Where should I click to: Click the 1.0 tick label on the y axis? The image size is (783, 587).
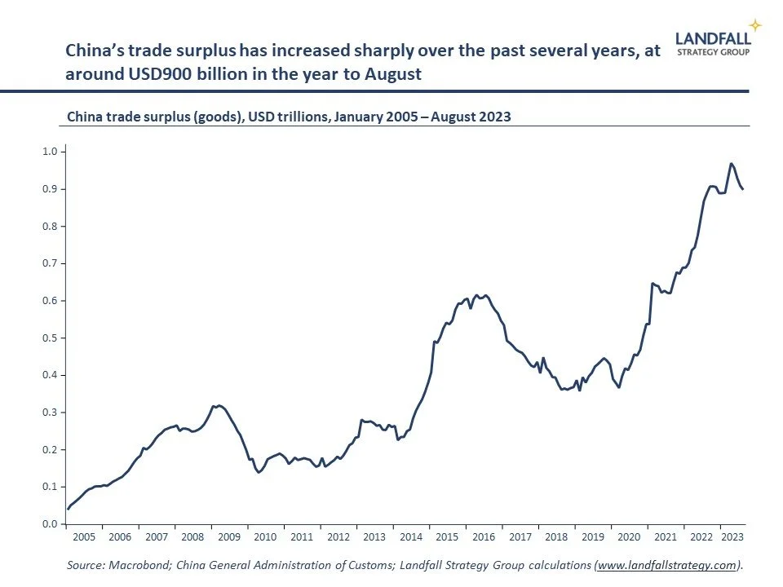click(x=49, y=152)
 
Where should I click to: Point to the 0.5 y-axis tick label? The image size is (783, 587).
click(x=49, y=338)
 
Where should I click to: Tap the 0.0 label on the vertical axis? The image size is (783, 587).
click(x=49, y=524)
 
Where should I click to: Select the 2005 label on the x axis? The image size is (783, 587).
click(x=83, y=537)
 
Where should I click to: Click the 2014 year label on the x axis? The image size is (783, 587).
click(x=410, y=537)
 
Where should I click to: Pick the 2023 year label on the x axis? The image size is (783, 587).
click(x=731, y=537)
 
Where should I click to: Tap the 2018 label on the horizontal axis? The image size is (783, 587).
click(x=555, y=537)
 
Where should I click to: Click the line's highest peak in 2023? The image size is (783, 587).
click(x=731, y=163)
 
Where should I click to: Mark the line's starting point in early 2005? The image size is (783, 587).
click(x=68, y=509)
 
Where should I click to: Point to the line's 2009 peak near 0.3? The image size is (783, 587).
click(x=218, y=404)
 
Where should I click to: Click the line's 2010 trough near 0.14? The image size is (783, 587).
click(x=259, y=472)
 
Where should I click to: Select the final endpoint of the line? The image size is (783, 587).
click(x=743, y=189)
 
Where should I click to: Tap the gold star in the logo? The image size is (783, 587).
click(x=755, y=25)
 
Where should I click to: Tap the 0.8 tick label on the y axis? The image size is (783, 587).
click(x=49, y=226)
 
